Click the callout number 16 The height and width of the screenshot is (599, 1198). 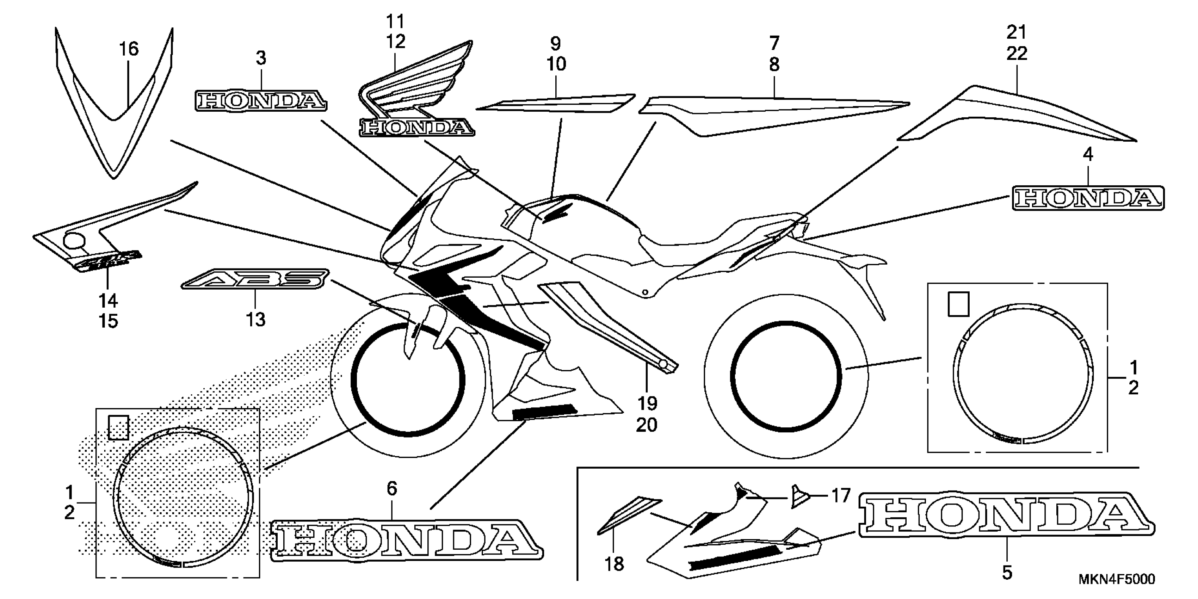click(129, 49)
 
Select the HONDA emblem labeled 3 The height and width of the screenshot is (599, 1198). click(260, 100)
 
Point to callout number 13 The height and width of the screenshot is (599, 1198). click(256, 320)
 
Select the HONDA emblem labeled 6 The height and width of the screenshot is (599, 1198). click(406, 539)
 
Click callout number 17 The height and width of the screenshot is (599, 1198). click(840, 496)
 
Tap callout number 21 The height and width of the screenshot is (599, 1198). click(1017, 32)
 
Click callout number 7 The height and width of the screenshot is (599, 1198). click(774, 43)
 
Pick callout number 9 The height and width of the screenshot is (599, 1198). click(556, 43)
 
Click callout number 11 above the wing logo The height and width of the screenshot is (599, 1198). click(395, 21)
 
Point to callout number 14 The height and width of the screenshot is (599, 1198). click(108, 301)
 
